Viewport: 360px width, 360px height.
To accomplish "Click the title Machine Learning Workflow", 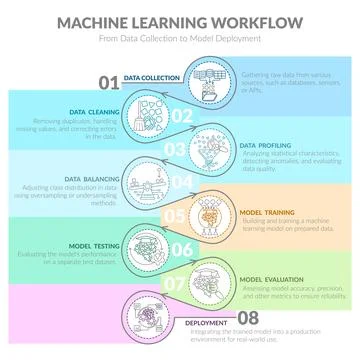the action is click(180, 21).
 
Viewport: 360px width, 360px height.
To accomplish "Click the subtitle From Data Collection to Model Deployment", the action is click(180, 39).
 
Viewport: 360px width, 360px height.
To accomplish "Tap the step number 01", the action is click(109, 81).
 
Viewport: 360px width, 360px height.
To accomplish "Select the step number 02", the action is click(181, 115).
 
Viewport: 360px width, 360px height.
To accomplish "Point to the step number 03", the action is click(174, 149).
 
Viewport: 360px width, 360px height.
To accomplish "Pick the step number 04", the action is click(181, 183).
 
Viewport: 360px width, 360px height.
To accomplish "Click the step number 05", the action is click(174, 216).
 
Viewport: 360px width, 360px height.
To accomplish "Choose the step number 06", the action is click(181, 250).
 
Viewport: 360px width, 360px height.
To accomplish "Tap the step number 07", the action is click(174, 284).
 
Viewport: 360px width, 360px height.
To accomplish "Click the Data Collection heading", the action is click(152, 77).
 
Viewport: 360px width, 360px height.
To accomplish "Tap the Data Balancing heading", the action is click(90, 179).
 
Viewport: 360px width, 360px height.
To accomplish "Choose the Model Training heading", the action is click(267, 213).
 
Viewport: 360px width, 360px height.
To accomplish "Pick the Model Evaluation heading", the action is click(271, 280).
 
